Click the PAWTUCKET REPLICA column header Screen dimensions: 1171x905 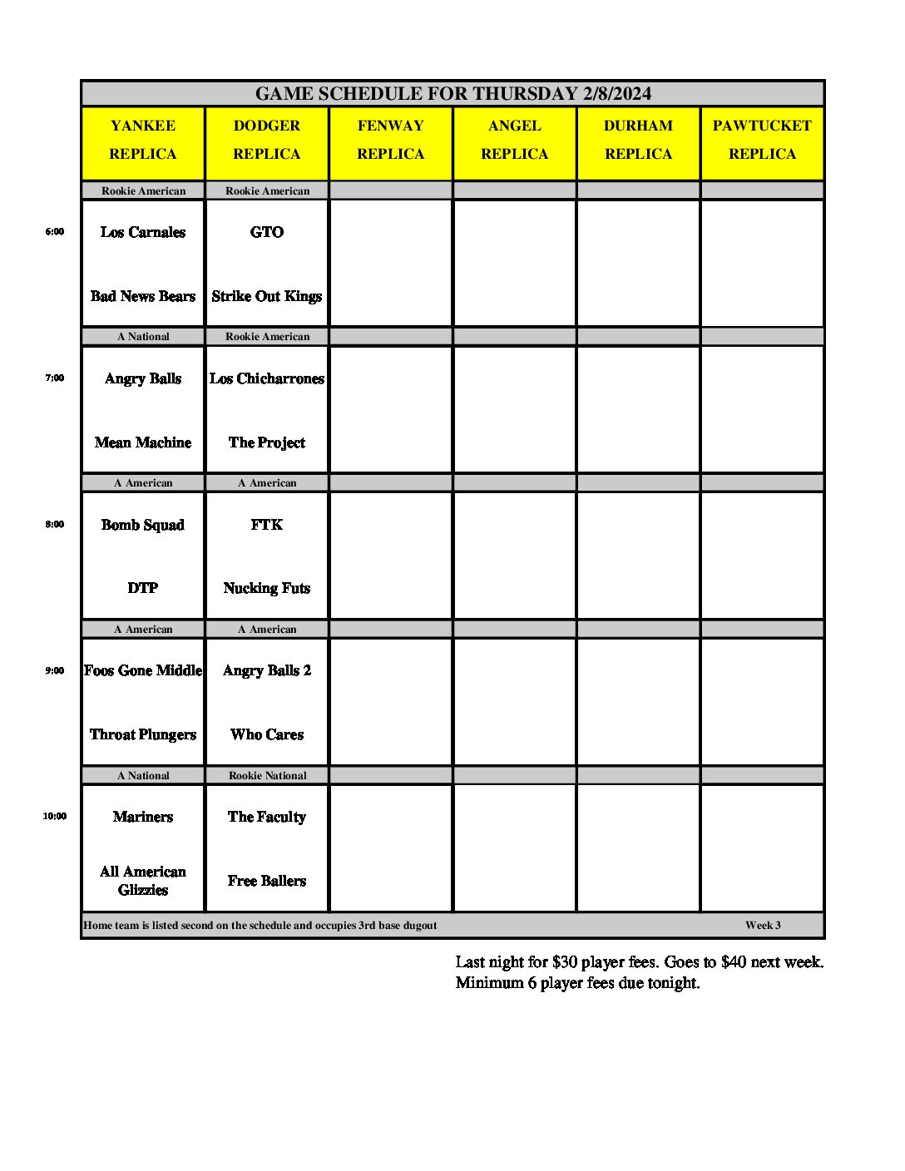pos(762,140)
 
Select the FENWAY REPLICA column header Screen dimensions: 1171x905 pos(390,140)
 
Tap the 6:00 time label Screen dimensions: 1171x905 pos(54,232)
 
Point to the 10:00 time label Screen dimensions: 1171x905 pos(54,817)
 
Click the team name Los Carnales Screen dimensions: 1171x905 pos(143,233)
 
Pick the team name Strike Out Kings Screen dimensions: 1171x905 pos(266,296)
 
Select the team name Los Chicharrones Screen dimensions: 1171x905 pos(266,378)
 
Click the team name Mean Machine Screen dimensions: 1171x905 pos(143,442)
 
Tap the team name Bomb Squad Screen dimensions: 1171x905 pos(143,525)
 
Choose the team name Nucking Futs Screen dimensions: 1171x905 pos(266,588)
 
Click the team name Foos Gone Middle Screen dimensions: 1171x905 pos(143,670)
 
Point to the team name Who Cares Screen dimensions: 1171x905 pos(266,734)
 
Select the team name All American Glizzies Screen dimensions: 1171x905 pos(143,881)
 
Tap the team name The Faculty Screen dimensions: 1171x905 pos(266,817)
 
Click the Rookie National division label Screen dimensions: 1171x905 pos(267,775)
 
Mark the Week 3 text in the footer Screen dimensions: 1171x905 pos(763,925)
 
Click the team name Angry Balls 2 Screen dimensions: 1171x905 pos(266,670)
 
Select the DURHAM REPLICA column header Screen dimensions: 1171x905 pos(638,140)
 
